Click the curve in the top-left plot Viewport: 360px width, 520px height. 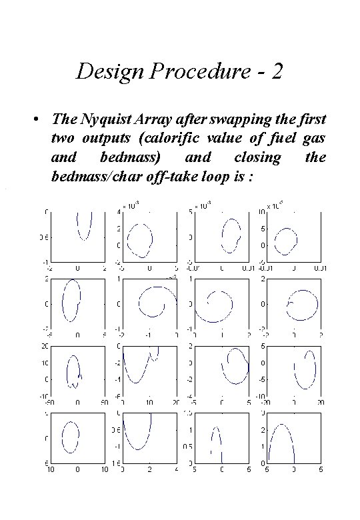click(84, 227)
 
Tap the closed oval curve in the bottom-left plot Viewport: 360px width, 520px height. click(70, 437)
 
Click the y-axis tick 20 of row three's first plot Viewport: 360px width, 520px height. click(44, 346)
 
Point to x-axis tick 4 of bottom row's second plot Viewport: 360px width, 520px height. click(177, 470)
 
